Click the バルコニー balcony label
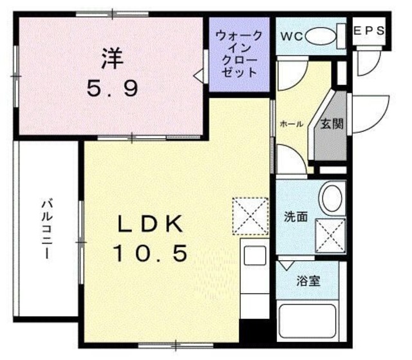[x=46, y=228]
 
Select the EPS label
[x=370, y=30]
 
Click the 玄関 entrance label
[x=332, y=124]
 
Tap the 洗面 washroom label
[x=296, y=217]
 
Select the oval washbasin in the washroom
[x=332, y=197]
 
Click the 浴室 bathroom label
[x=308, y=281]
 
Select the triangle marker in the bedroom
[x=199, y=76]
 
